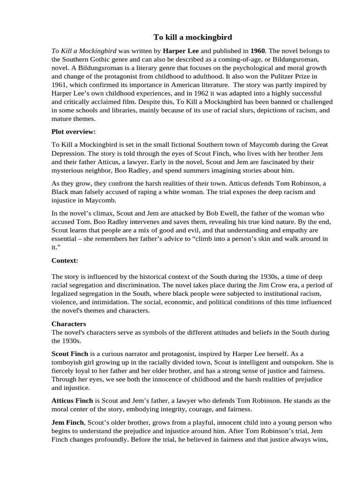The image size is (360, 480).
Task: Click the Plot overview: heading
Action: pos(74,132)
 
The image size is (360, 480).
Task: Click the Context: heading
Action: pos(65,260)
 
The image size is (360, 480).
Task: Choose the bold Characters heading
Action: pos(69,324)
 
